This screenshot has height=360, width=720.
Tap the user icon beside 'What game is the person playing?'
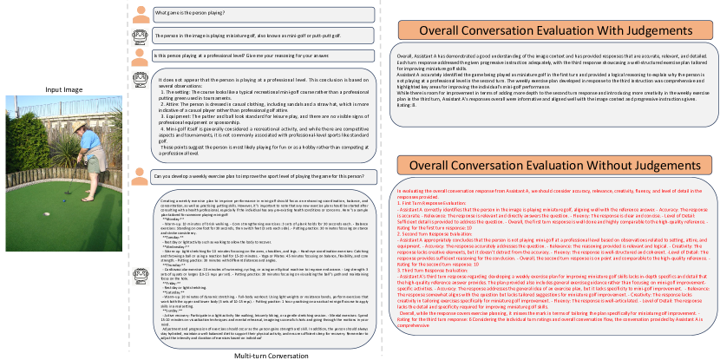141,14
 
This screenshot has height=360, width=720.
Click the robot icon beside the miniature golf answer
141,36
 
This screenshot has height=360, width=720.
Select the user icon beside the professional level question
141,56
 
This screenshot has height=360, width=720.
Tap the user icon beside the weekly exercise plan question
141,177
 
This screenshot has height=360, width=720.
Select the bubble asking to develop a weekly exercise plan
260,176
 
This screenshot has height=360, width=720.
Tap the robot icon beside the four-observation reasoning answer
141,81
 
